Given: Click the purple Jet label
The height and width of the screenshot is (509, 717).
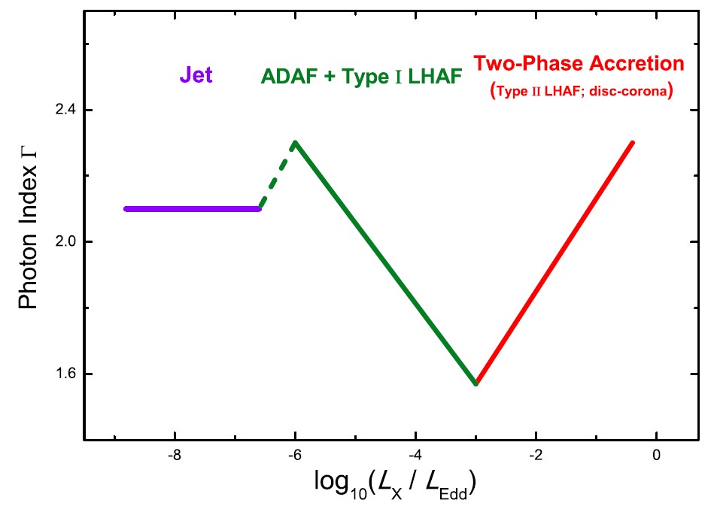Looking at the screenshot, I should tap(196, 76).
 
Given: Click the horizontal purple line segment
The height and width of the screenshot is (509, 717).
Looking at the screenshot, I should tap(193, 208).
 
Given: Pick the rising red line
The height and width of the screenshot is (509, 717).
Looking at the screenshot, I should tap(554, 262).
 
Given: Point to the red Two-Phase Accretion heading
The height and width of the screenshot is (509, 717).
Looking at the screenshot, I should tap(579, 63).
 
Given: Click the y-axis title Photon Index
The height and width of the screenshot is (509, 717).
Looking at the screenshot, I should tap(28, 238).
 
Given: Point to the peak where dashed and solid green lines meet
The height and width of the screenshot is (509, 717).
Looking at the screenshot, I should tap(296, 142).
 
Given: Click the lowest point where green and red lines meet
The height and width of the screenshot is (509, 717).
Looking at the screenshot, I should tap(475, 383).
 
